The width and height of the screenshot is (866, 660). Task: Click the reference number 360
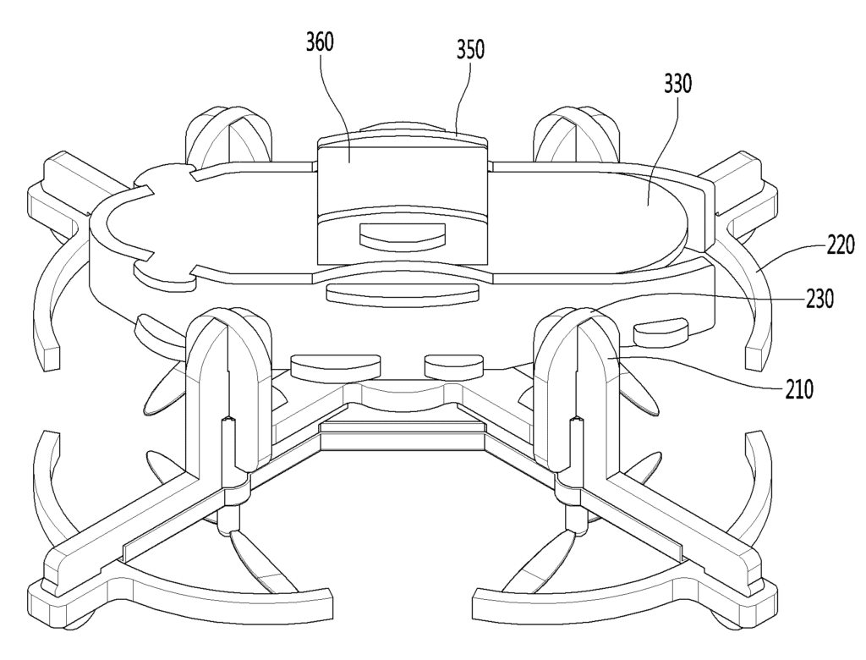click(321, 42)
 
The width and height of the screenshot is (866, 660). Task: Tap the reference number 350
click(470, 50)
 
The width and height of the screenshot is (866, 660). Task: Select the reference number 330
click(677, 84)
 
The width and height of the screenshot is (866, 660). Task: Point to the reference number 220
click(840, 245)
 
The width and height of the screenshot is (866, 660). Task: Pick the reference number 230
click(819, 299)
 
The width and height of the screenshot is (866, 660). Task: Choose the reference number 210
click(799, 390)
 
